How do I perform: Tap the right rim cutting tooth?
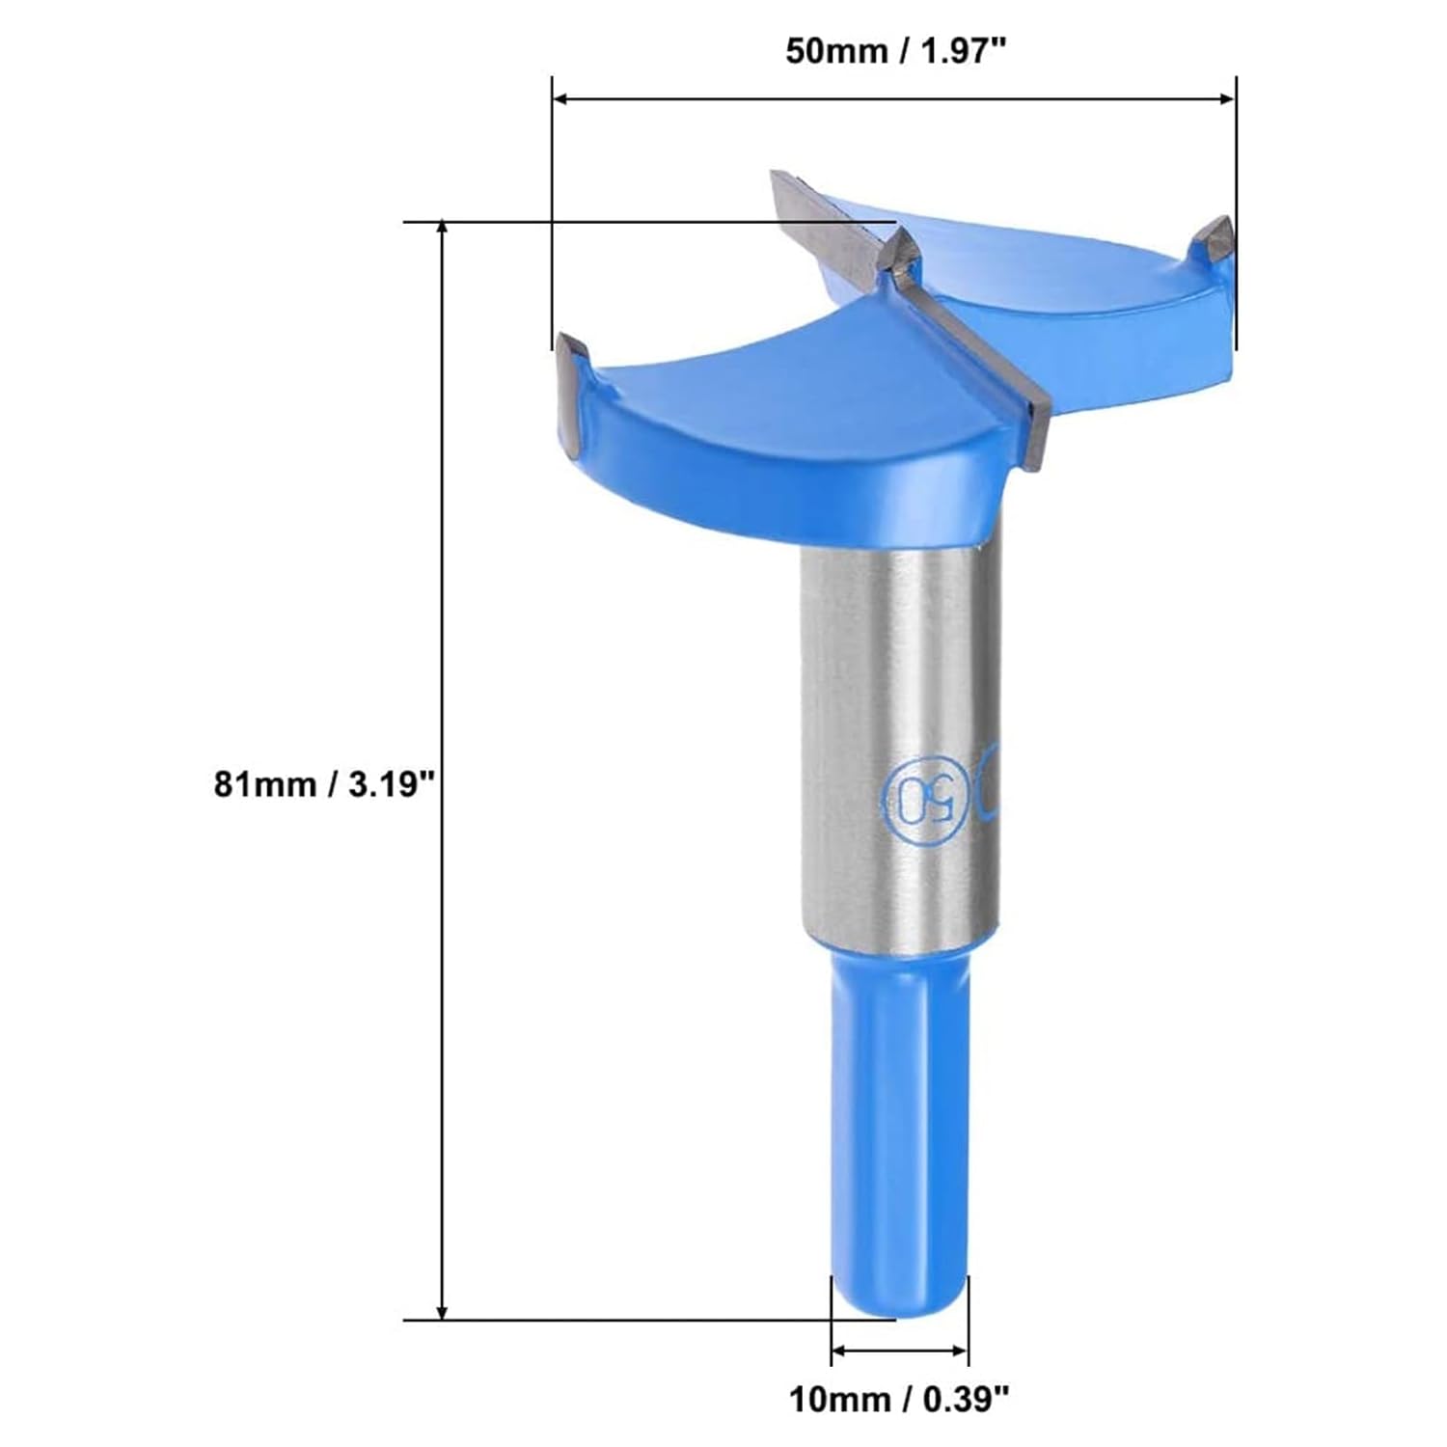[1215, 237]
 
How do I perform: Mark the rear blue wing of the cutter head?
[1061, 280]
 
